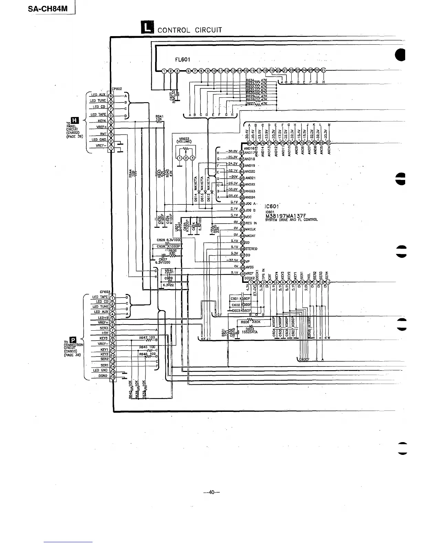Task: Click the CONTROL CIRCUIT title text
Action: point(190,30)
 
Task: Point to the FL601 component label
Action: point(183,59)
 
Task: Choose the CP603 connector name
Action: point(105,292)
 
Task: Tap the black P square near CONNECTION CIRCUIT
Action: point(72,340)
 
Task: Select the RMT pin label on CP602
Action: point(103,134)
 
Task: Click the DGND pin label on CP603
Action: point(103,376)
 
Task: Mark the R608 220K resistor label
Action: point(251,322)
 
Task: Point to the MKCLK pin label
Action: point(250,229)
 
